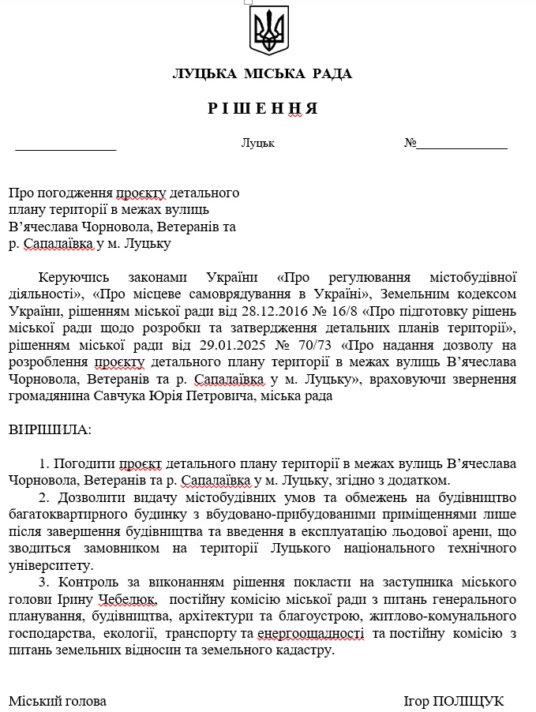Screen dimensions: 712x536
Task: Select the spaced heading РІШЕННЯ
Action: coord(263,109)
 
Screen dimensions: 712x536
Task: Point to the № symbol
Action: coord(410,144)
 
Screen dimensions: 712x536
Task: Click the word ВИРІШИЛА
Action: coord(50,430)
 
